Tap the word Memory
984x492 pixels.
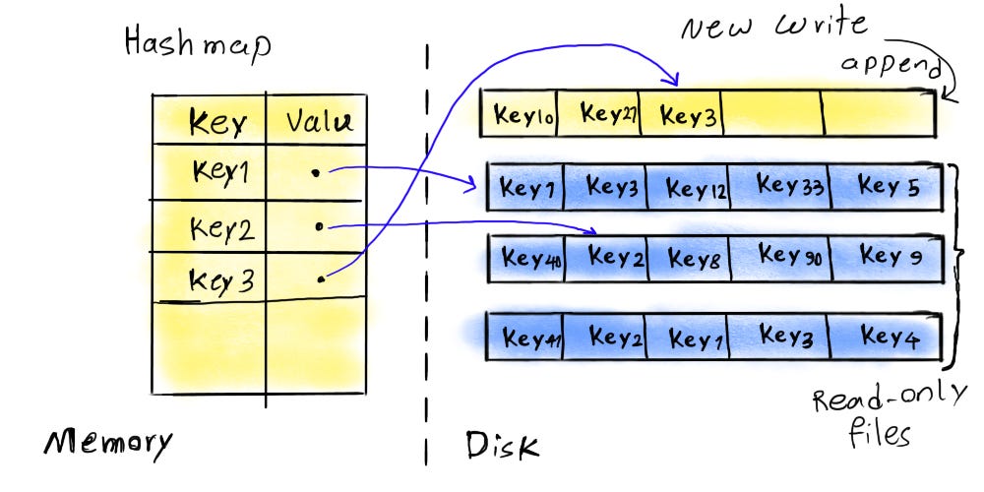click(x=107, y=444)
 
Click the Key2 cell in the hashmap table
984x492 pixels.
click(x=224, y=229)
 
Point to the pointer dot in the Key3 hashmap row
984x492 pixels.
click(x=321, y=280)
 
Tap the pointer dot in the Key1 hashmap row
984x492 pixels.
click(x=315, y=172)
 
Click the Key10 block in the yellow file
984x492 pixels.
click(x=525, y=115)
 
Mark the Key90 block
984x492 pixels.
click(x=790, y=257)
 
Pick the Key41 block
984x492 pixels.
click(x=531, y=339)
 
